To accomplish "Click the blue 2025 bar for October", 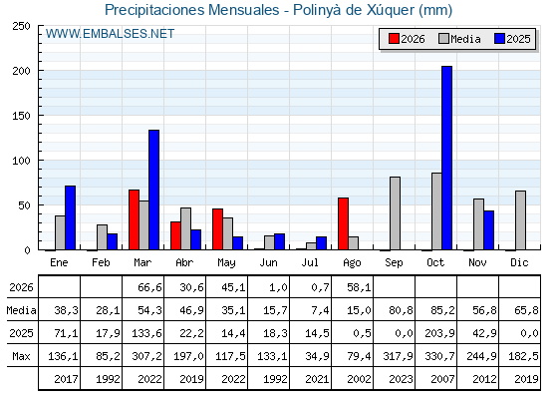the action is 446,158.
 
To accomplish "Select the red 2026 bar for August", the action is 344,223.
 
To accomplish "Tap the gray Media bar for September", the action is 395,213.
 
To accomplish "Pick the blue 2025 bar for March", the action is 153,190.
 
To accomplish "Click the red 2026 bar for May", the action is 218,229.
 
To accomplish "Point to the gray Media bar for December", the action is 520,220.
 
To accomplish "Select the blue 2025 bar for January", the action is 70,217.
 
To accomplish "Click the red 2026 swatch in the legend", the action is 394,39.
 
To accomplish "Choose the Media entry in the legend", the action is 459,39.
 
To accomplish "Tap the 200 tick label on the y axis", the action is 22,71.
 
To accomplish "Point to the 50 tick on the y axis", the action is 25,205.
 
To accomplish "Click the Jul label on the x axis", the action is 310,263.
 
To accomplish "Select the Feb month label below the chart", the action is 101,263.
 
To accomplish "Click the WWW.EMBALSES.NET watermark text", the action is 110,34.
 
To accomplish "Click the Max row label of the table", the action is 21,356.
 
